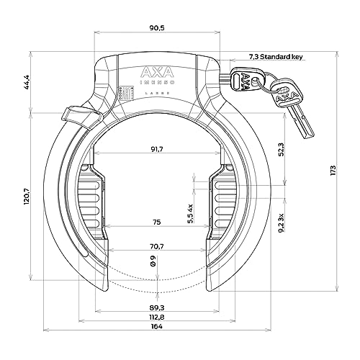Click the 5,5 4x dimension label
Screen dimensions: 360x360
[x=190, y=214]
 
